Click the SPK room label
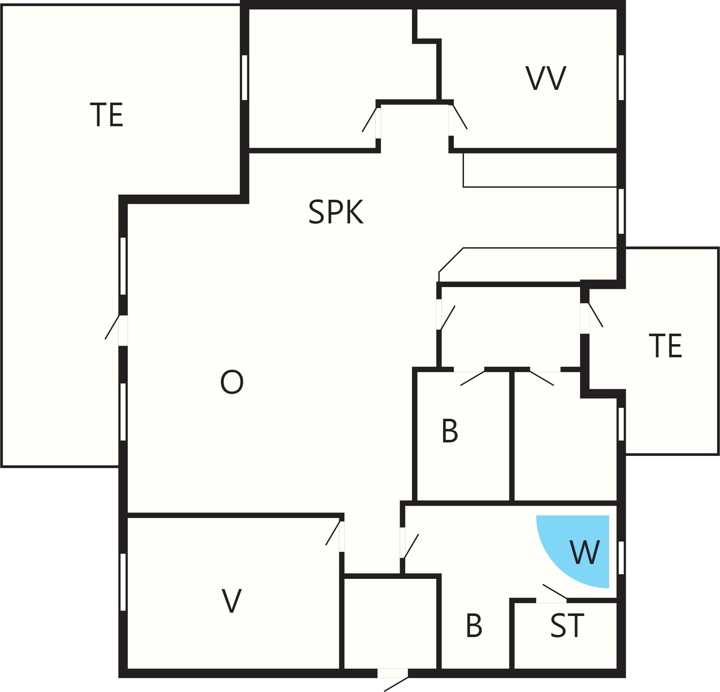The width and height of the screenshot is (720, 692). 336,211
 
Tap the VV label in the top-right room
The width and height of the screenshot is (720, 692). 546,78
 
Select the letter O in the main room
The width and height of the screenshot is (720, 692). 232,382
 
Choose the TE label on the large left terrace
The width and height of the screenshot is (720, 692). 107,115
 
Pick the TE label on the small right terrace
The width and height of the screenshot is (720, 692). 665,345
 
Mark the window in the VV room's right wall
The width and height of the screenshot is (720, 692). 621,77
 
